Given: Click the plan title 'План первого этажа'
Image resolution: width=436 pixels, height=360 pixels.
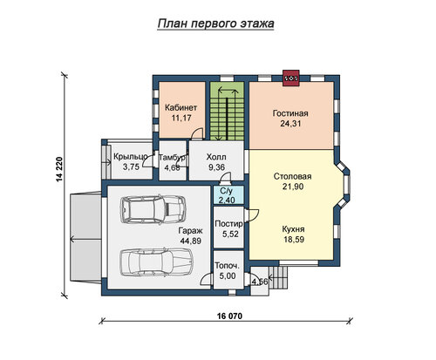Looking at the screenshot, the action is (x=215, y=24).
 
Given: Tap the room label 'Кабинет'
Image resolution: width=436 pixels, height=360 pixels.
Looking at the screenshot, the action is (x=181, y=108).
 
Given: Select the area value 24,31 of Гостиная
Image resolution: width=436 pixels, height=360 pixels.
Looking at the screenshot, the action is (x=290, y=124).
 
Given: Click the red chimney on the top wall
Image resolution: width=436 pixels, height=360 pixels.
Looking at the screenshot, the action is (x=291, y=78).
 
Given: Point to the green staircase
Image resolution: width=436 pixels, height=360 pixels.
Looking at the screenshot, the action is (x=227, y=111).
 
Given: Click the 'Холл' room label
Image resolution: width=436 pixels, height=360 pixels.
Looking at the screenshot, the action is (x=216, y=157).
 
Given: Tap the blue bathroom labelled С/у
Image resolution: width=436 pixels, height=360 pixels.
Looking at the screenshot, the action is (x=228, y=195).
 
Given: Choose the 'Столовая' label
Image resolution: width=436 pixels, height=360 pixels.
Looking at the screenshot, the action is (x=292, y=177).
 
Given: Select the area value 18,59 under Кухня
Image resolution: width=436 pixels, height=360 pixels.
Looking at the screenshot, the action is (x=294, y=240).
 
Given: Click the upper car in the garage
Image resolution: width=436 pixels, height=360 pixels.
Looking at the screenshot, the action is (x=153, y=209).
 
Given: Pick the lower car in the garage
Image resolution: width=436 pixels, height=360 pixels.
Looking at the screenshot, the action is (x=156, y=262).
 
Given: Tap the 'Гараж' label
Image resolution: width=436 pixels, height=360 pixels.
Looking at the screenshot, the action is (x=190, y=231).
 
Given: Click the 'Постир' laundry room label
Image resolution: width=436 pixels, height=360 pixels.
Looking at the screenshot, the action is (x=228, y=224).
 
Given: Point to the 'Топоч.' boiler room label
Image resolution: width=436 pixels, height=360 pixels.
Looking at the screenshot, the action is (x=228, y=266).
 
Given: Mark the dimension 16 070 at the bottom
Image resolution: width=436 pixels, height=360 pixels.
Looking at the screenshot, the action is (x=229, y=316).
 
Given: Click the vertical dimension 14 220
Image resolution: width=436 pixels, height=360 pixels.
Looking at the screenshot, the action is (x=59, y=169).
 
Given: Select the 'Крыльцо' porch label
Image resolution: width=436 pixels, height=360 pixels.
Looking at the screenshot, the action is (x=131, y=157).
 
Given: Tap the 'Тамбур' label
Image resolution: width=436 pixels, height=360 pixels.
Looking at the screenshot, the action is (x=172, y=158).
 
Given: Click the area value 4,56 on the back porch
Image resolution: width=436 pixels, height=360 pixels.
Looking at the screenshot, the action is (x=260, y=282).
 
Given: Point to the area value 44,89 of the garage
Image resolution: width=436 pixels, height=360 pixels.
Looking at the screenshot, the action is (x=191, y=241).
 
